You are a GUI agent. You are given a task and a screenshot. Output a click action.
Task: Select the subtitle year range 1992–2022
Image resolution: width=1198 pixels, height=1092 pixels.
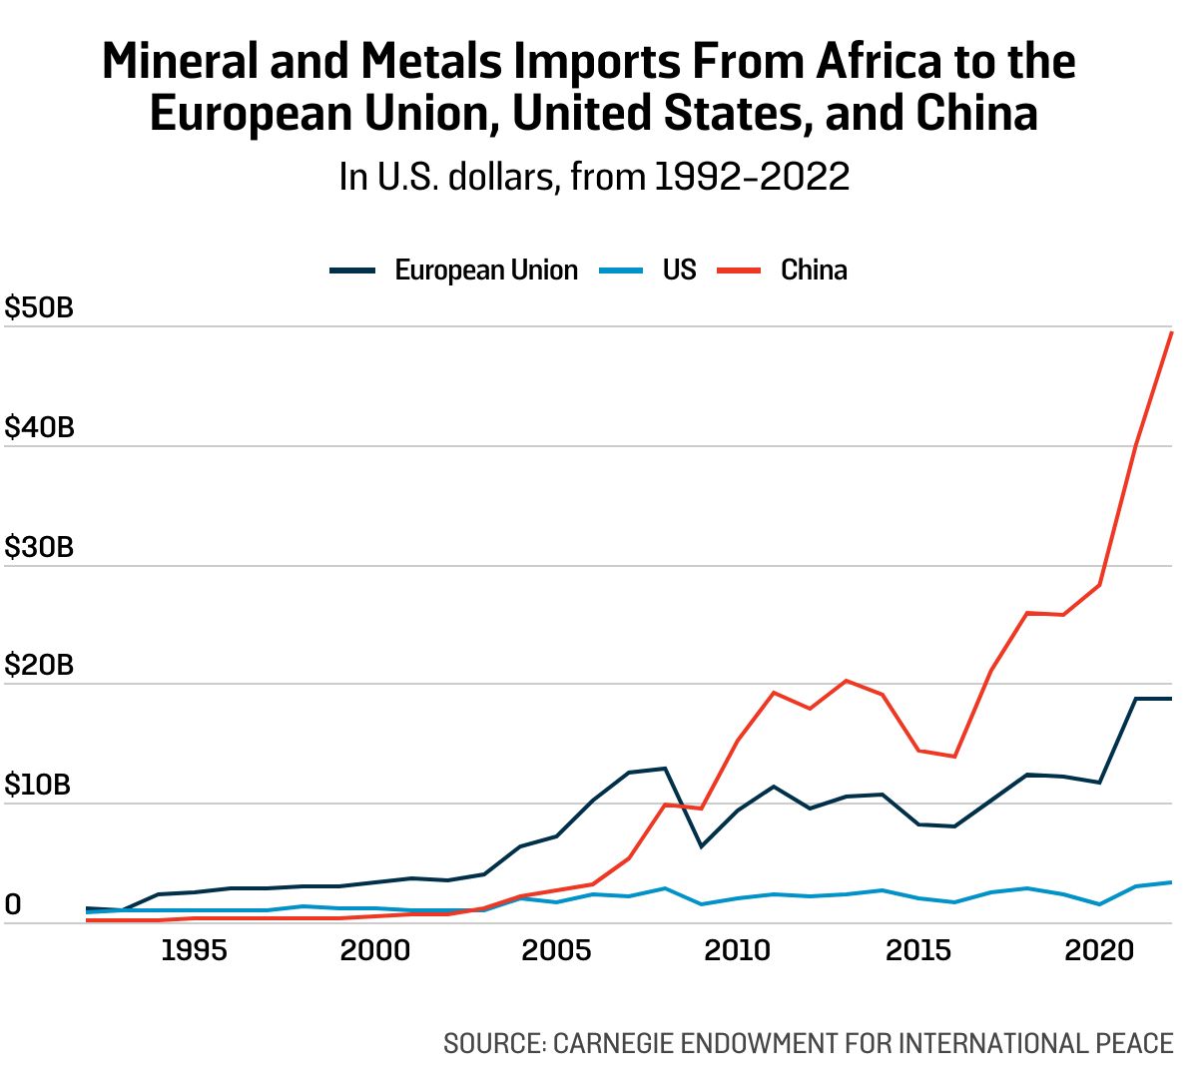coord(752,177)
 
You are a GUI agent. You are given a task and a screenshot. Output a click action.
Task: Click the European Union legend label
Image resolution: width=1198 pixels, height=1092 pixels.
coord(486,271)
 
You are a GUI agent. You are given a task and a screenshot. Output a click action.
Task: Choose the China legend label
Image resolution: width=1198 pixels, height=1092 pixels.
coord(814,271)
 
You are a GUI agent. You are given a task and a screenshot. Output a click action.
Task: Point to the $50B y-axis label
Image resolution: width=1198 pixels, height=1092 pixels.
coord(39,307)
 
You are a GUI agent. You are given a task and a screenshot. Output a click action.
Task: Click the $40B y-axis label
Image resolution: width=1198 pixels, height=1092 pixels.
coord(39,427)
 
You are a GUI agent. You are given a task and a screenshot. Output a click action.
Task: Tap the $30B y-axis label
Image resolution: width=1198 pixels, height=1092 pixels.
coord(39,547)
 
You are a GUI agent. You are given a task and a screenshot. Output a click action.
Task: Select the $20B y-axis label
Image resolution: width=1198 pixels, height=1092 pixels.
coord(39,665)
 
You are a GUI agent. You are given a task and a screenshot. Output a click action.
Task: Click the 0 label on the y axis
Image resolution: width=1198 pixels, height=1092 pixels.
coord(13,904)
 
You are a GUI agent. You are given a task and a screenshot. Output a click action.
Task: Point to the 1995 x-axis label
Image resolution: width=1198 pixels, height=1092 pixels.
coord(194,949)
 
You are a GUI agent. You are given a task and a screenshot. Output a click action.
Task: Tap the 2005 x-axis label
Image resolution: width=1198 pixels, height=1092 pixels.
coord(556,949)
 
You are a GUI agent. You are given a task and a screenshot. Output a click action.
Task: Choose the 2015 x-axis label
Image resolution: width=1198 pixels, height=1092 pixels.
coord(918,949)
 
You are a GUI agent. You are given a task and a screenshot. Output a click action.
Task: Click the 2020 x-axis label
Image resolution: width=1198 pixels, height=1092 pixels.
coord(1099,949)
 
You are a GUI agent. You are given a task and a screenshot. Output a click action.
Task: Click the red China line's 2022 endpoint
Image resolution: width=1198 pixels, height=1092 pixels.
coord(1171,332)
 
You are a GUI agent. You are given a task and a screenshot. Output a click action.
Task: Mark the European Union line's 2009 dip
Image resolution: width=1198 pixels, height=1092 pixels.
coord(701,846)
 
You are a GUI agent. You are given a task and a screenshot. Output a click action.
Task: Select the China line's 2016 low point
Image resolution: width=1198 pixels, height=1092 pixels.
coord(954,757)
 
